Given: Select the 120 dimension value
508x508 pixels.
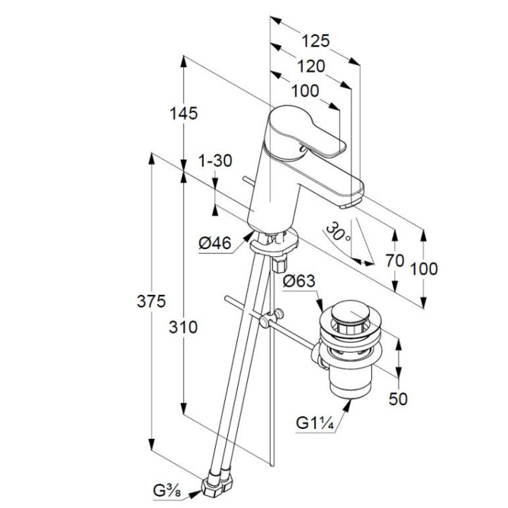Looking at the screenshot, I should coord(310,66).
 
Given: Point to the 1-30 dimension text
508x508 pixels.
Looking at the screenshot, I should coord(214,161).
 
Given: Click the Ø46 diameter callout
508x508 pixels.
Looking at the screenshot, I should coord(214,243).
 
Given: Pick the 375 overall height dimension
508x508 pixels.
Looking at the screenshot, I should coord(152,301).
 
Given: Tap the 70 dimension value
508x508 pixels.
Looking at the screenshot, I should coord(395,260).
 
